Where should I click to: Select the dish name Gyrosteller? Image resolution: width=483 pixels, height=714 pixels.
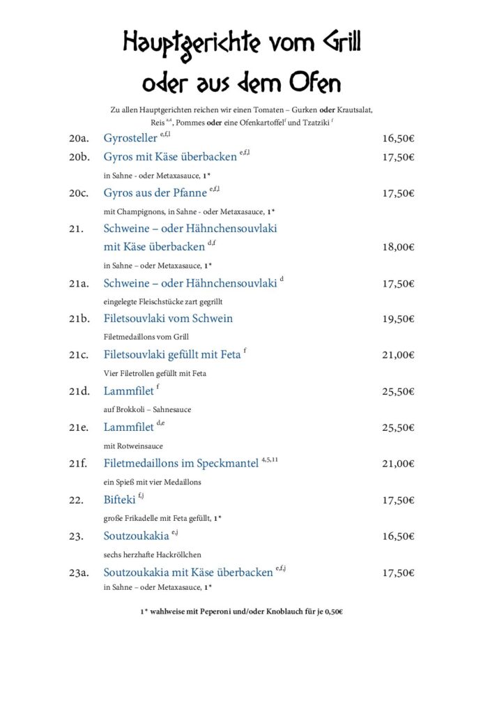pos(130,138)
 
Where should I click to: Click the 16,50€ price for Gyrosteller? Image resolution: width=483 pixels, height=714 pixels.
pos(398,138)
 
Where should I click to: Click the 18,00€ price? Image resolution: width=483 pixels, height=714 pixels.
pos(398,247)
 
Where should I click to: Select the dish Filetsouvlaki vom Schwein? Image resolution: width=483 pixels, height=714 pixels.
pos(168,319)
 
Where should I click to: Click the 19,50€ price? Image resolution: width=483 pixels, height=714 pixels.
pos(398,319)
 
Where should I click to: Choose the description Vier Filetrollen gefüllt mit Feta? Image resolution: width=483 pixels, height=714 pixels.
pos(155,373)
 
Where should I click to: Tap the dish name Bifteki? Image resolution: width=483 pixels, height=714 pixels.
pos(119,500)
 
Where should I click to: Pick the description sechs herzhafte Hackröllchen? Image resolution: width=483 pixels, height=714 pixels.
pos(152,554)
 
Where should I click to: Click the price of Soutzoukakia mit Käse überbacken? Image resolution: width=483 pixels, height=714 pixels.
pos(398,572)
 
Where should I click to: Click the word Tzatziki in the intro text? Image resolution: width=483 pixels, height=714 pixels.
pos(312,123)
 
